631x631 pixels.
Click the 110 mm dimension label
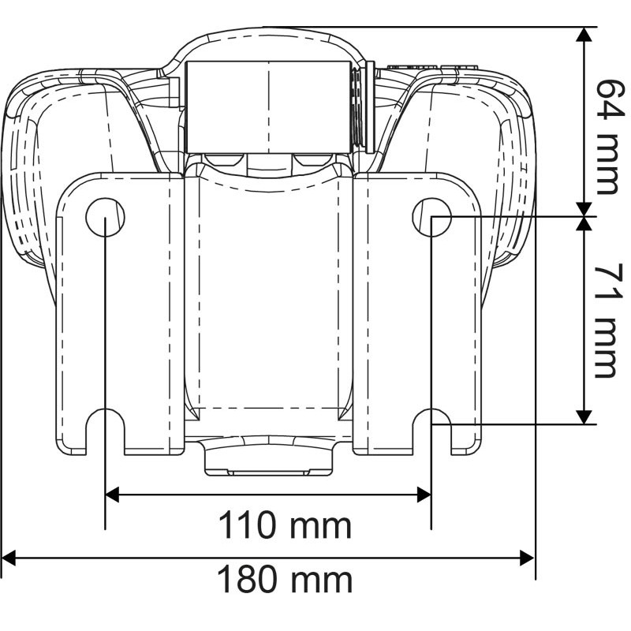tap(284, 524)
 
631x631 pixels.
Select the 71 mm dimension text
tap(606, 320)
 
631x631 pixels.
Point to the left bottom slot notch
tap(106, 430)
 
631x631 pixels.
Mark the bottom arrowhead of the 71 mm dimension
tap(584, 416)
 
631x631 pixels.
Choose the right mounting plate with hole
tap(418, 315)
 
